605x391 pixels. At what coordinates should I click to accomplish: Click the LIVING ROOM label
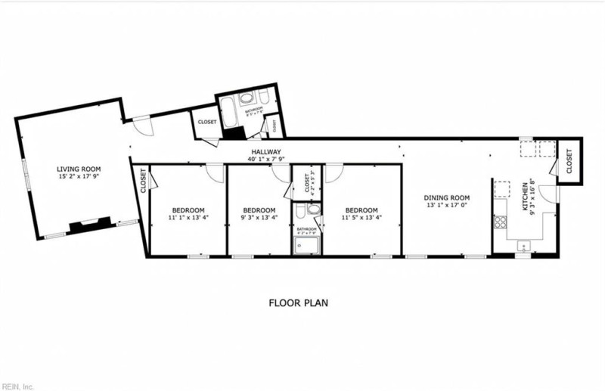[x=79, y=169]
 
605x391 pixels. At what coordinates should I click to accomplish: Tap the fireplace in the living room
[x=90, y=224]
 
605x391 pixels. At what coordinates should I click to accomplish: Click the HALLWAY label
[x=267, y=151]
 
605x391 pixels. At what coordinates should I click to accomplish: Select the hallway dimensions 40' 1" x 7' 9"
[x=267, y=159]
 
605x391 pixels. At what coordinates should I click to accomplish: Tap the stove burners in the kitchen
[x=500, y=222]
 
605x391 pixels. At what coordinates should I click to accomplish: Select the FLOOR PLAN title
[x=299, y=303]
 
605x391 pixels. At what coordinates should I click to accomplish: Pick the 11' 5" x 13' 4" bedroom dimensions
[x=361, y=218]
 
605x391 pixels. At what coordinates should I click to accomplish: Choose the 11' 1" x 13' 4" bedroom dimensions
[x=188, y=218]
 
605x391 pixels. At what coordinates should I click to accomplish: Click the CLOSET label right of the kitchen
[x=568, y=160]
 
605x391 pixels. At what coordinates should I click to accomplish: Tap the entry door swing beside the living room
[x=144, y=126]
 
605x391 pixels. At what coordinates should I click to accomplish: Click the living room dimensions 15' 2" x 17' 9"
[x=79, y=177]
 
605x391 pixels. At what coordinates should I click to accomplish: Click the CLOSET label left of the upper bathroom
[x=206, y=122]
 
